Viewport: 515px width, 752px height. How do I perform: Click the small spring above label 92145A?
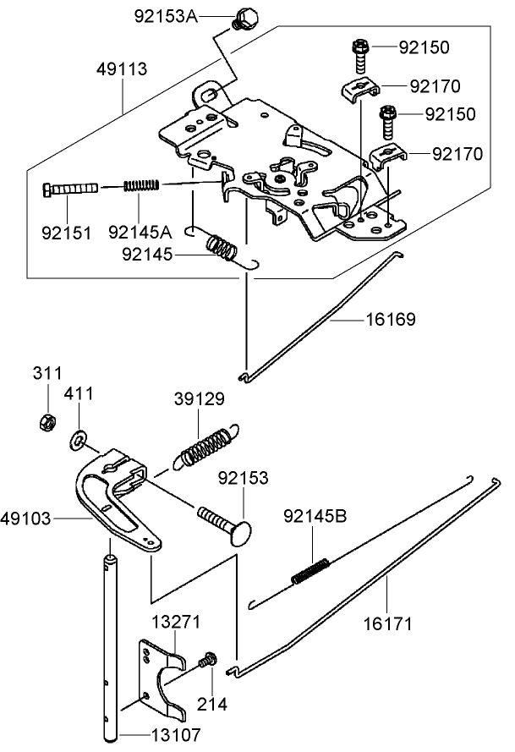[143, 185]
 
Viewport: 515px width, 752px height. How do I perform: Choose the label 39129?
[199, 398]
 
